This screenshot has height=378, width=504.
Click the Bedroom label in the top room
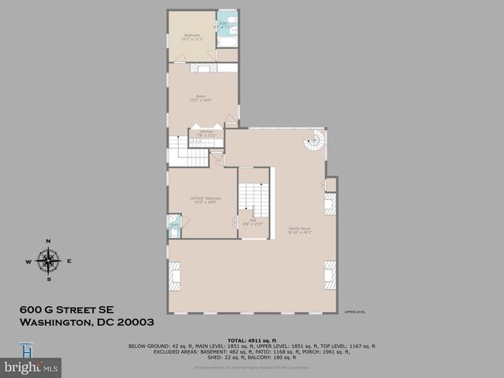tap(191, 35)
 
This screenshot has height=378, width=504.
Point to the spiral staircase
tap(315, 143)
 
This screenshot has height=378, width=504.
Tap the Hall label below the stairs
tap(253, 221)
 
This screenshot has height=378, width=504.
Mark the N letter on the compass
tap(48, 241)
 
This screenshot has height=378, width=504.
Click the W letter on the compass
tap(28, 261)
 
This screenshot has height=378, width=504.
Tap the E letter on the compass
tap(69, 261)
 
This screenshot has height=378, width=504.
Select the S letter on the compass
tap(48, 279)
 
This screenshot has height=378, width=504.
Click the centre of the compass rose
tap(48, 260)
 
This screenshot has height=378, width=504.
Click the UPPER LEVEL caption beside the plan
tap(354, 312)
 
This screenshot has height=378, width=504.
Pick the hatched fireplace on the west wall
tap(174, 276)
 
